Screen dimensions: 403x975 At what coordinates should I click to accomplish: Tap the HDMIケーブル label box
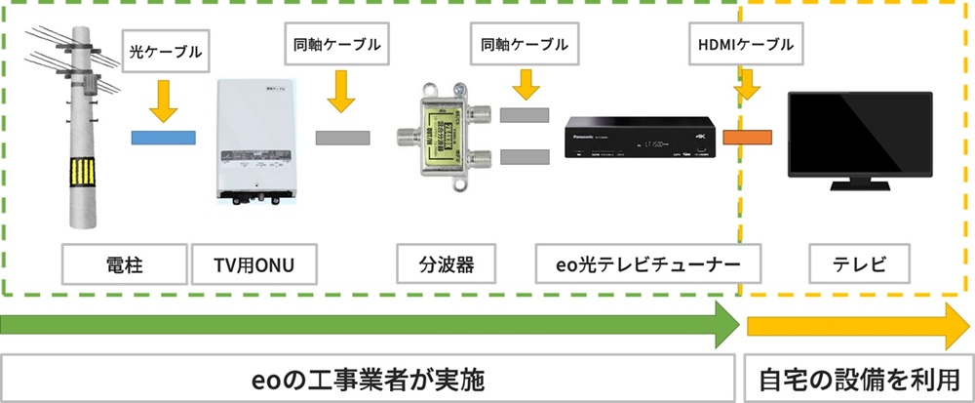(747, 44)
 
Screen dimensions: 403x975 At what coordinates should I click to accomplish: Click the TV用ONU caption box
(253, 263)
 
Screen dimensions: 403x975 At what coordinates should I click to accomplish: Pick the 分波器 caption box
(448, 263)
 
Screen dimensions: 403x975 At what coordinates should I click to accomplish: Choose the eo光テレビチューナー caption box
(638, 263)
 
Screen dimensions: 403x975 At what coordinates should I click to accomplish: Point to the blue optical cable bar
(164, 138)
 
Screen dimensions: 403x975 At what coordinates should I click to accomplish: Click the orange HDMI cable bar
(748, 138)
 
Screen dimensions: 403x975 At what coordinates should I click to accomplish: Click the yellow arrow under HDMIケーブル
(749, 86)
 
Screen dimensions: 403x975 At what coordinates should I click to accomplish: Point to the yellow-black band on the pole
(85, 172)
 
